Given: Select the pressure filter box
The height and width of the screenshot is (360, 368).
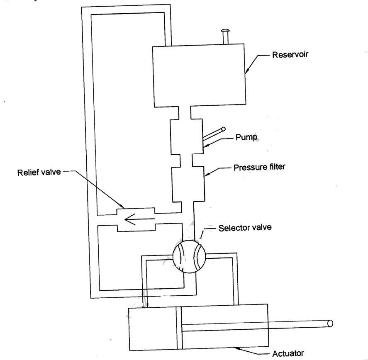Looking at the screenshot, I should (x=189, y=184).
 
